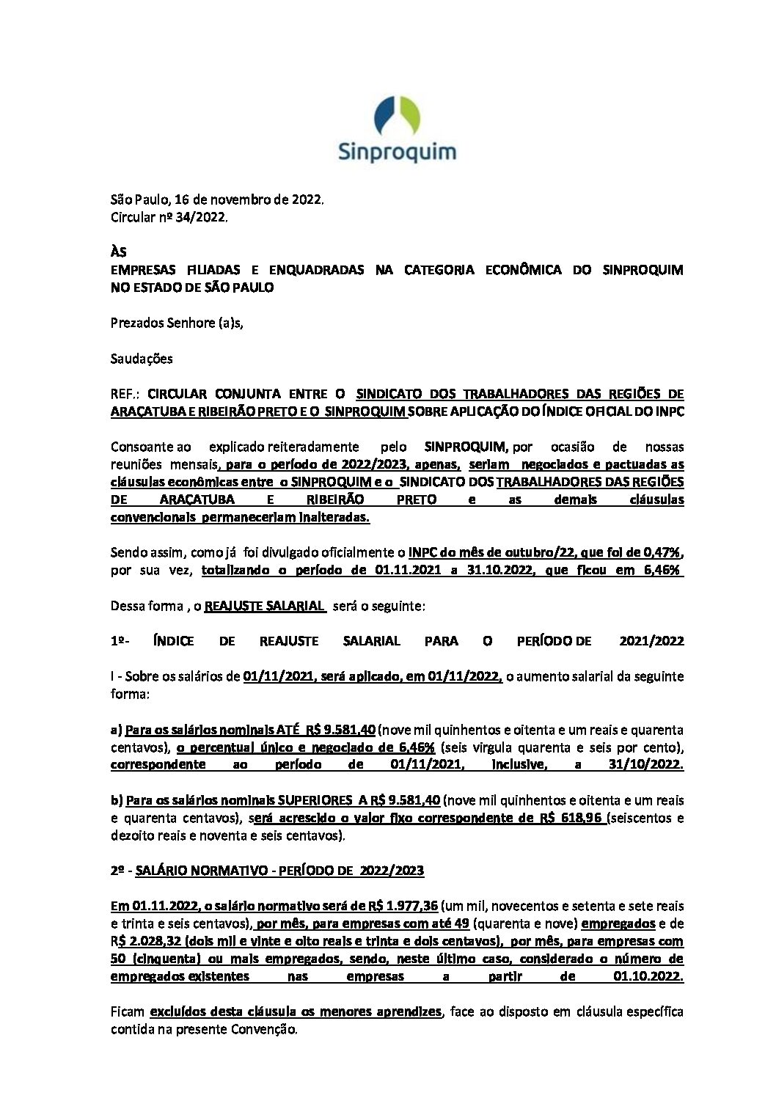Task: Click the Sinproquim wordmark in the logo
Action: tap(397, 152)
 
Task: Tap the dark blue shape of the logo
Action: tap(385, 117)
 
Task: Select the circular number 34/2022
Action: tap(201, 217)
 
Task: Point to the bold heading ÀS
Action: tap(118, 252)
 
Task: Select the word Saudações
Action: tap(142, 359)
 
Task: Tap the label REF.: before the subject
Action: tap(125, 394)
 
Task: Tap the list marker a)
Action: tap(116, 730)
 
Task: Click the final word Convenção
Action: tap(268, 1029)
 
